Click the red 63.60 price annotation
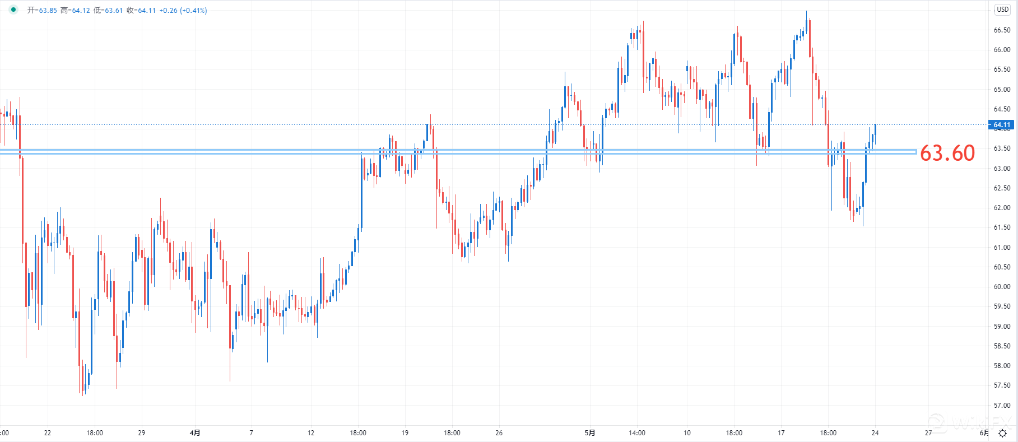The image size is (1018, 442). (947, 153)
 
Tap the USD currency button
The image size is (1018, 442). (1002, 10)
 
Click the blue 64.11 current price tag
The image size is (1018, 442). (1002, 125)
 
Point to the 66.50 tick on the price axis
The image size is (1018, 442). (1002, 30)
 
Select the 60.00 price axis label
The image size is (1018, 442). (1002, 287)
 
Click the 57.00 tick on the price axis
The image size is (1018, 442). (1002, 406)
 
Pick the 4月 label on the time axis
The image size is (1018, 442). (195, 433)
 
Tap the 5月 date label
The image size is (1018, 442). (590, 433)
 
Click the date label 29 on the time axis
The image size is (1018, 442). (142, 433)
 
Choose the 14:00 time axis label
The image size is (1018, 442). (637, 433)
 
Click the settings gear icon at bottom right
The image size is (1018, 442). (1003, 433)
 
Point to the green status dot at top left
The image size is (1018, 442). (13, 10)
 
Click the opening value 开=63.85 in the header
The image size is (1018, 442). (42, 11)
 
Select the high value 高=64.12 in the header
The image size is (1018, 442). (75, 11)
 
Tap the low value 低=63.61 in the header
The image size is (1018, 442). (108, 11)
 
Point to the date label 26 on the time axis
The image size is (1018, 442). (499, 433)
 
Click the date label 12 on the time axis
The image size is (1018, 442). (311, 433)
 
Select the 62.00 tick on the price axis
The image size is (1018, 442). (1002, 208)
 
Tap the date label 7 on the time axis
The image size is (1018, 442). (251, 433)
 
